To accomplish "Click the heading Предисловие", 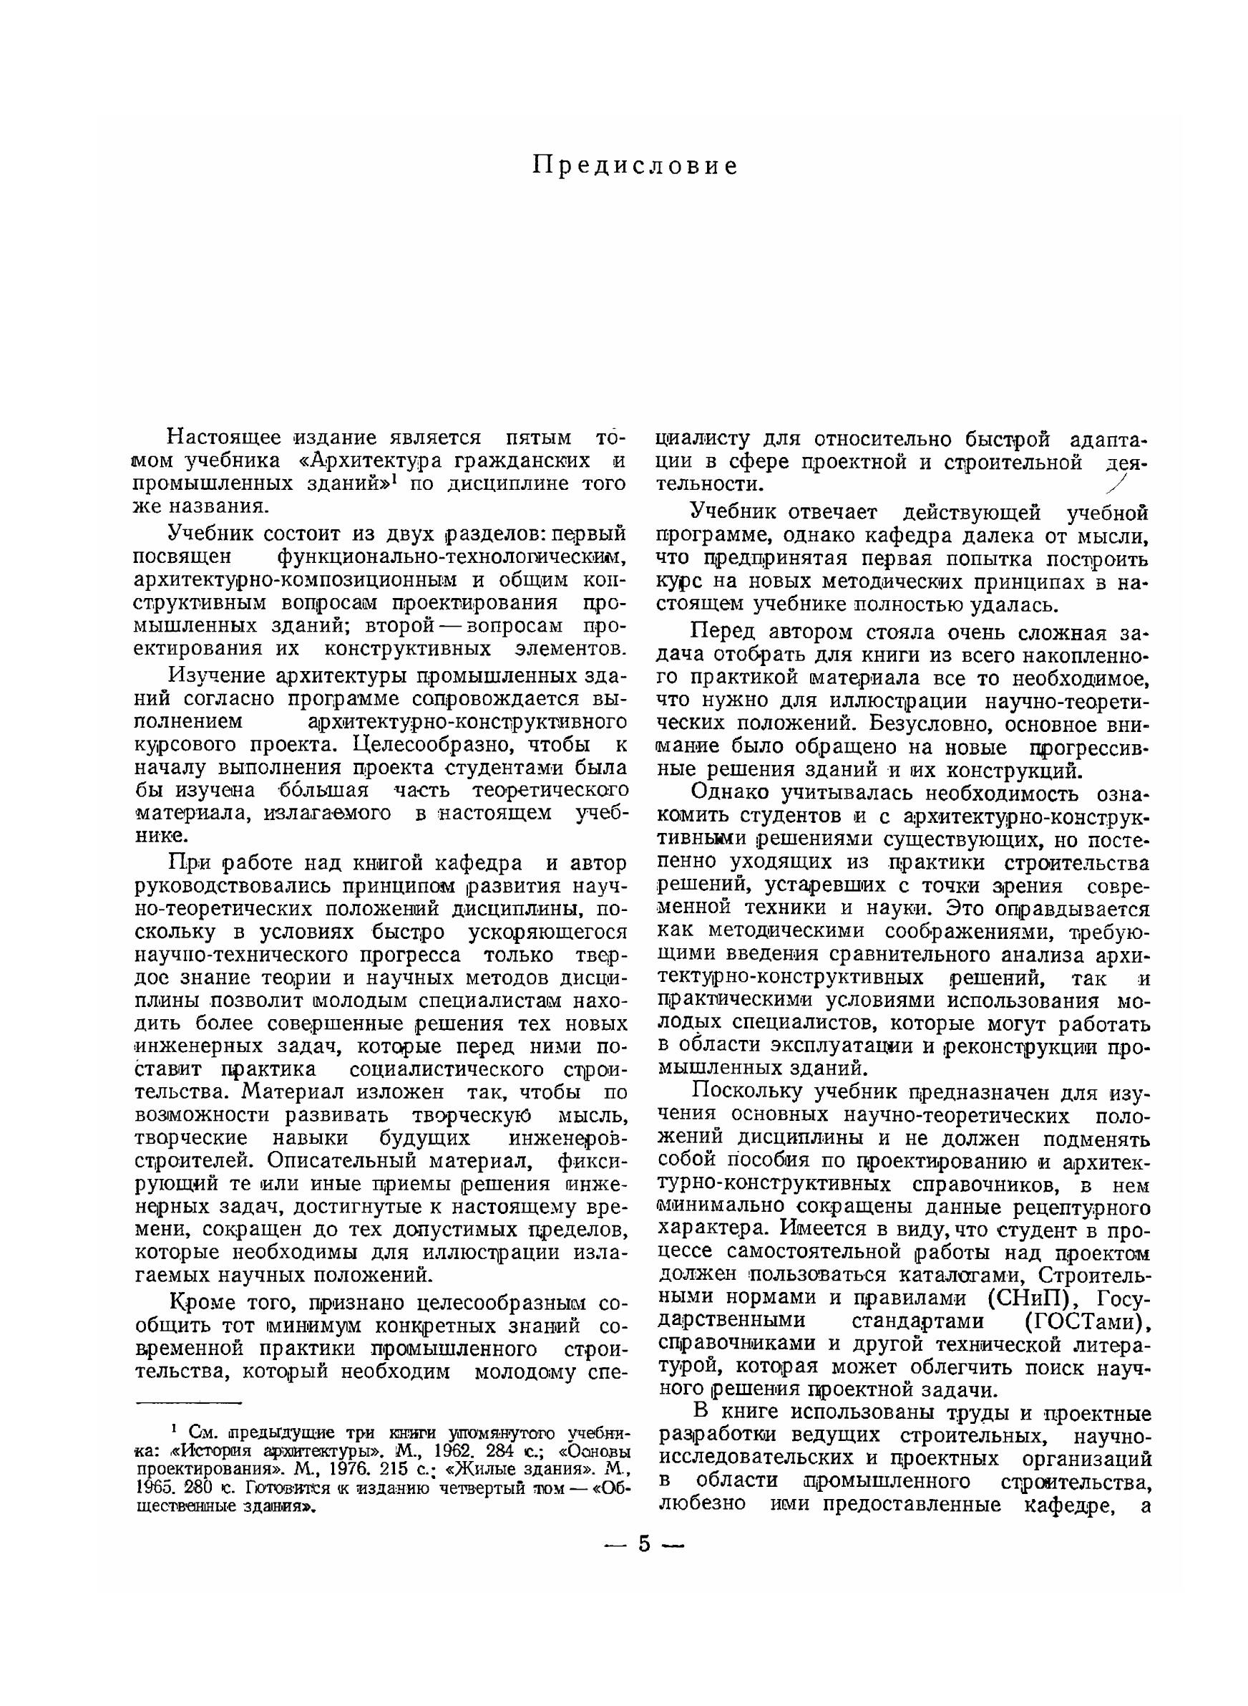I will click(x=635, y=165).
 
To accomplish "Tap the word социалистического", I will click(x=447, y=1068).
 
